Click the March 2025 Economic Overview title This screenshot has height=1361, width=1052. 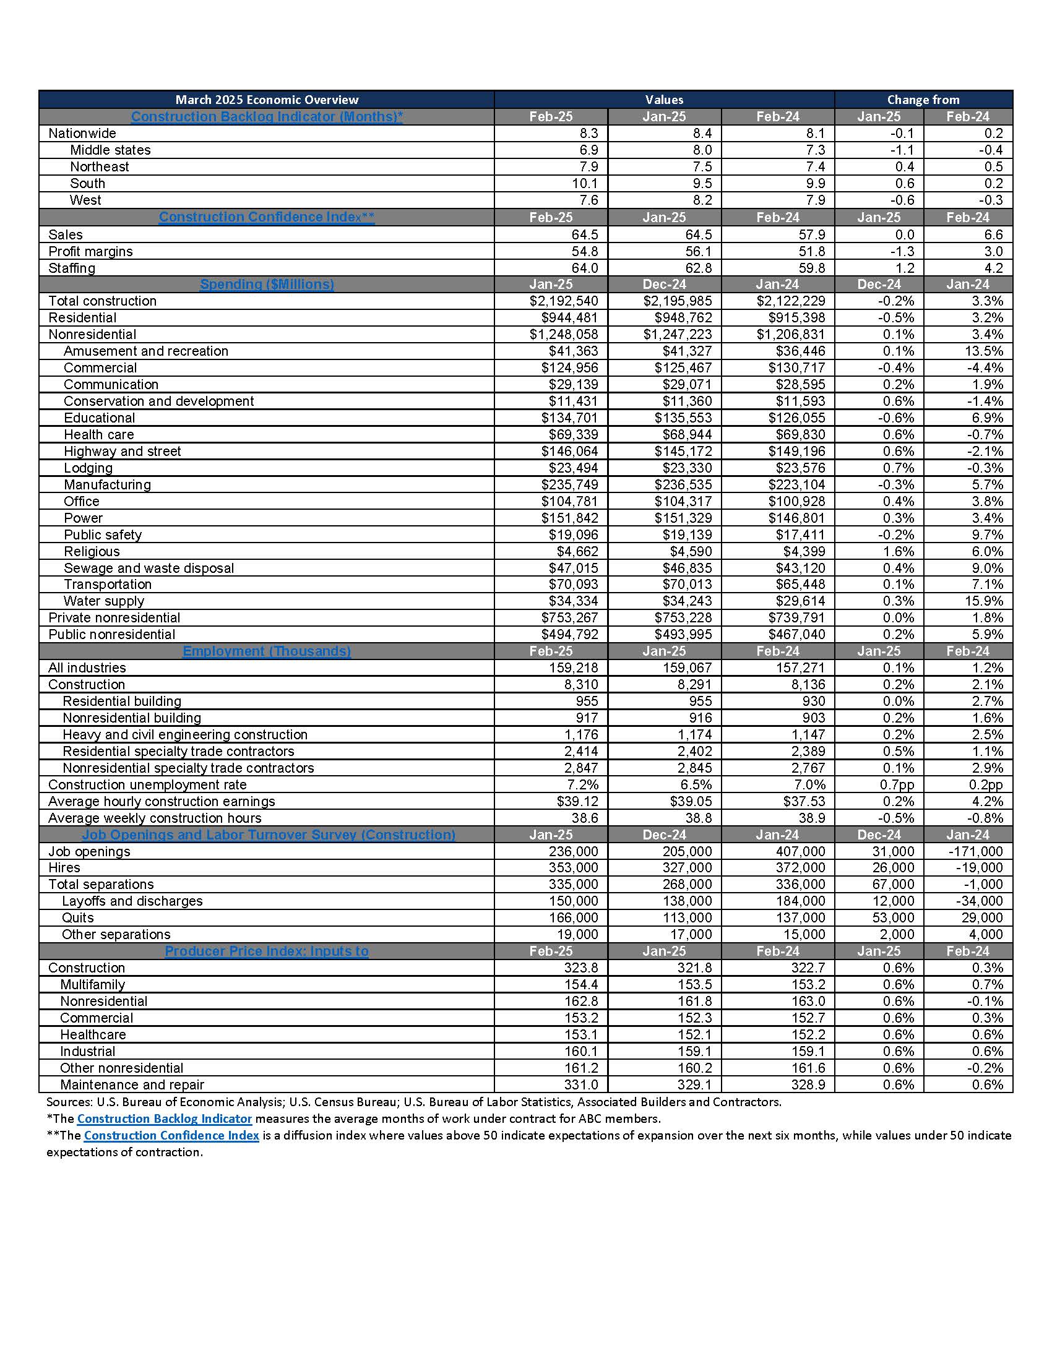[267, 100]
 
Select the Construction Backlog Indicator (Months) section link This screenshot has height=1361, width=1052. [267, 116]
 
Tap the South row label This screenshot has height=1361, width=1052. [87, 183]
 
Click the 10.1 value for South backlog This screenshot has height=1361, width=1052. [584, 183]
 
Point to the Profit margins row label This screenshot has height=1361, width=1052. [90, 251]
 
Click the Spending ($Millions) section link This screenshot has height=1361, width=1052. [267, 284]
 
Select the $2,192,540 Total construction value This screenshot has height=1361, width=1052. [563, 301]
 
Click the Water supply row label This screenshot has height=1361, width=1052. [103, 601]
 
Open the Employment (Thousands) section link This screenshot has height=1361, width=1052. [267, 651]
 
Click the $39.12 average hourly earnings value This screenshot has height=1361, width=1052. [577, 801]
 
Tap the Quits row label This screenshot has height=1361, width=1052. [77, 918]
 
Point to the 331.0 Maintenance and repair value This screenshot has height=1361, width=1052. [581, 1085]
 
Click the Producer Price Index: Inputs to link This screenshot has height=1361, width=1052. [267, 951]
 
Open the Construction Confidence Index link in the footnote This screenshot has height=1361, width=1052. [171, 1135]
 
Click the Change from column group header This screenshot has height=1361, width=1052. [923, 100]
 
